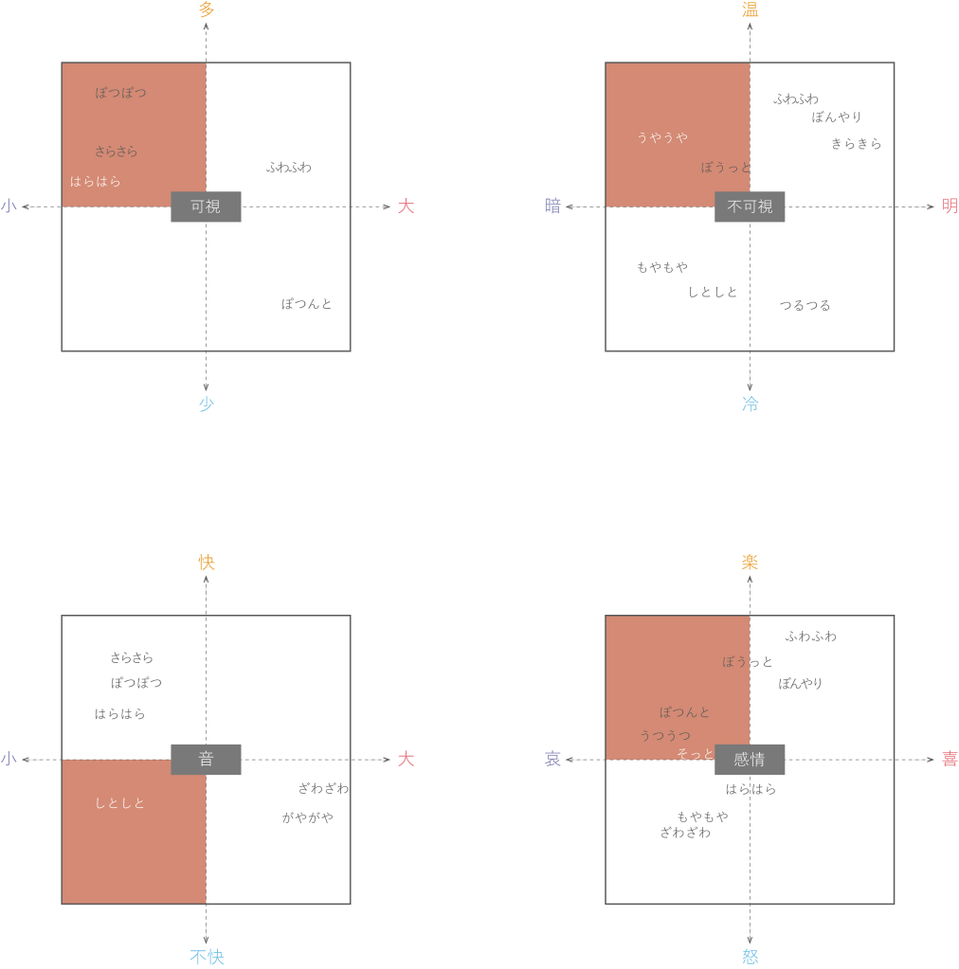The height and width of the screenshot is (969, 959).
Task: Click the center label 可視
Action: pyautogui.click(x=206, y=206)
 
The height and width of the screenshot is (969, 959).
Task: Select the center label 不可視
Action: pyautogui.click(x=750, y=206)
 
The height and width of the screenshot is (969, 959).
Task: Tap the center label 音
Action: pyautogui.click(x=206, y=759)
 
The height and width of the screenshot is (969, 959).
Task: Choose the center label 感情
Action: pyautogui.click(x=750, y=759)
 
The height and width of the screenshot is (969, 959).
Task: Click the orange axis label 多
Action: pyautogui.click(x=207, y=9)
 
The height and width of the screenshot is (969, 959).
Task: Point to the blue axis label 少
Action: pyautogui.click(x=207, y=404)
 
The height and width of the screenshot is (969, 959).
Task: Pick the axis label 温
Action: pyautogui.click(x=750, y=9)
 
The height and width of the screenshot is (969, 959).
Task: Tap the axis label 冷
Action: pyautogui.click(x=750, y=404)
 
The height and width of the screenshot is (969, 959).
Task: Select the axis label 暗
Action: pyautogui.click(x=552, y=206)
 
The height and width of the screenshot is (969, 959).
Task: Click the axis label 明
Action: pyautogui.click(x=950, y=206)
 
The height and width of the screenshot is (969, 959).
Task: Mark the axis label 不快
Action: pyautogui.click(x=207, y=958)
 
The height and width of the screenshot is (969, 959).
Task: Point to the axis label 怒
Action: pyautogui.click(x=750, y=958)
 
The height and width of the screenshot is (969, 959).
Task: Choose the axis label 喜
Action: pyautogui.click(x=950, y=759)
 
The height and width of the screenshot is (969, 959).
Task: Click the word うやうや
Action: pyautogui.click(x=662, y=137)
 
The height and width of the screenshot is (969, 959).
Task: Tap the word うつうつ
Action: pyautogui.click(x=664, y=735)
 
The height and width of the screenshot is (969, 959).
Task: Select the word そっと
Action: pyautogui.click(x=695, y=753)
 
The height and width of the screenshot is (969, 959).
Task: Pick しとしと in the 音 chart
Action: pyautogui.click(x=119, y=802)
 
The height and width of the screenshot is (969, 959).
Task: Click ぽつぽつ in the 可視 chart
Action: pyautogui.click(x=120, y=92)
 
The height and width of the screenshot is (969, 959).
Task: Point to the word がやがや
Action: pyautogui.click(x=307, y=817)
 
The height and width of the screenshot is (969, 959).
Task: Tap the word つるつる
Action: pyautogui.click(x=805, y=305)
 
